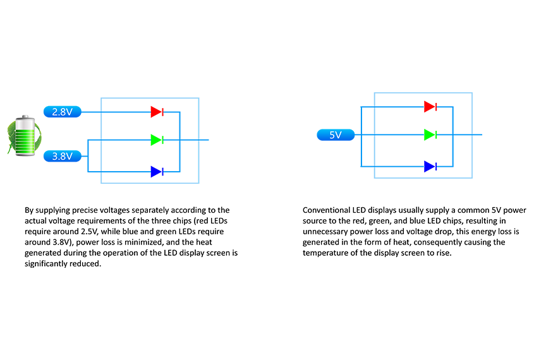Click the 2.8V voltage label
63,112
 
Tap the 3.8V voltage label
63,156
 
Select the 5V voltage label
336,135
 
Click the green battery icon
25,136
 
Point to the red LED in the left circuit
157,112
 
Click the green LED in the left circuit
157,140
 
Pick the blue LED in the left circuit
157,172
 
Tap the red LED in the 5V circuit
430,107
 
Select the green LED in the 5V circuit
430,135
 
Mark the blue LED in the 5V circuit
430,166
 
